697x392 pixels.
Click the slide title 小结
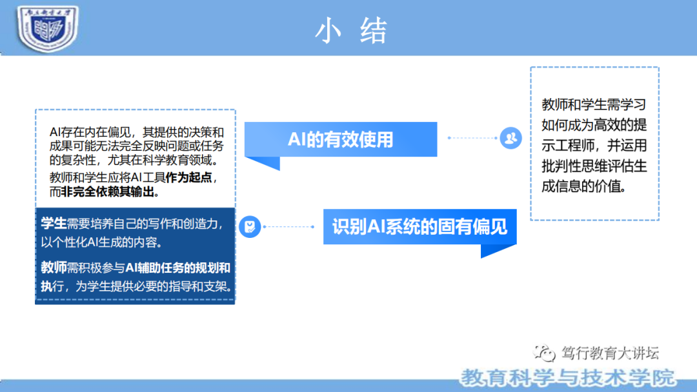point(350,31)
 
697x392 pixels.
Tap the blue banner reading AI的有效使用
point(341,139)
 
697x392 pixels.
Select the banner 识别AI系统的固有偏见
point(419,226)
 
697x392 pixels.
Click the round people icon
point(510,137)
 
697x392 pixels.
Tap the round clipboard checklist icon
point(249,226)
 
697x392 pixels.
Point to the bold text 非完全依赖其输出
point(110,191)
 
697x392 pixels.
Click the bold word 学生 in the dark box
point(54,224)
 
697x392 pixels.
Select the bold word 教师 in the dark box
point(54,268)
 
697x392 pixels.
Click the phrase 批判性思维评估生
point(594,166)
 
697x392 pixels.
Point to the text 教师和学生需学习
point(594,104)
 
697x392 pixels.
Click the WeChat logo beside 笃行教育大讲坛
point(543,353)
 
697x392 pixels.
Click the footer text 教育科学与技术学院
point(568,377)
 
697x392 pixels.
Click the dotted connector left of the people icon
point(472,137)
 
